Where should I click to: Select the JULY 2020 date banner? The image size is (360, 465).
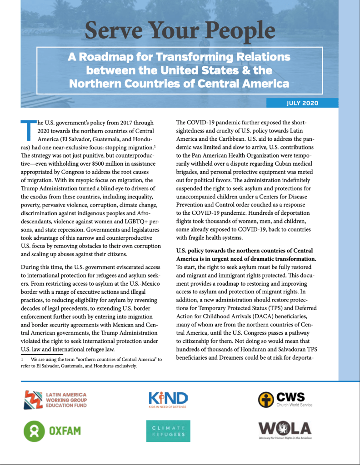point(302,103)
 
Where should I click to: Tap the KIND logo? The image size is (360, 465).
point(168,399)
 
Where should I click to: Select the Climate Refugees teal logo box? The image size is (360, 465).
point(168,430)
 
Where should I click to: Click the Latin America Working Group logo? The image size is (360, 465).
point(55,399)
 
